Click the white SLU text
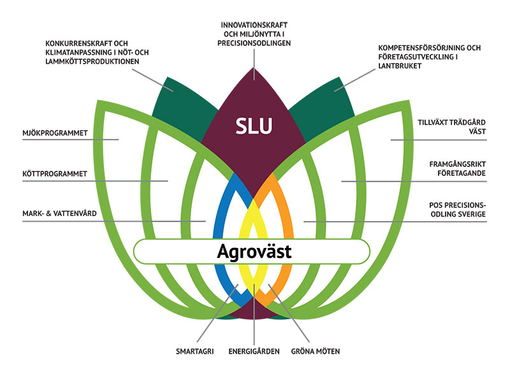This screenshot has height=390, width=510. tap(254, 126)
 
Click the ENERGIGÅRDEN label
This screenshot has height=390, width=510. tap(254, 351)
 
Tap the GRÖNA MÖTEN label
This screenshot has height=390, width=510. tap(316, 351)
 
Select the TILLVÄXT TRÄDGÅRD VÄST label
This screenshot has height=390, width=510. tap(451, 126)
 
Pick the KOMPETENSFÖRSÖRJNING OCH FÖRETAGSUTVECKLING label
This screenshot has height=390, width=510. tap(428, 57)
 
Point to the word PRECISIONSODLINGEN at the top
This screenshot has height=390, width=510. tap(254, 43)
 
